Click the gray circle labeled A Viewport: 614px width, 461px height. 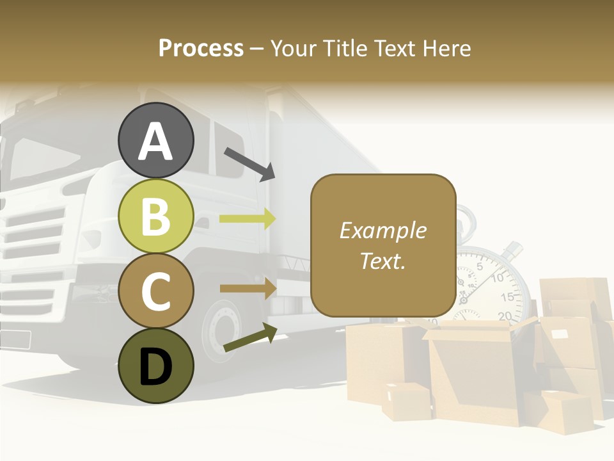pyautogui.click(x=156, y=140)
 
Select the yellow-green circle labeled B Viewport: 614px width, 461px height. pyautogui.click(x=156, y=216)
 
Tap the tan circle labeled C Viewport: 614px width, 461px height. pyautogui.click(x=156, y=291)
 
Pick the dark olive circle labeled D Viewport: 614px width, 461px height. pyautogui.click(x=156, y=366)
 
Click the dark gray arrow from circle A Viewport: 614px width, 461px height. pyautogui.click(x=249, y=164)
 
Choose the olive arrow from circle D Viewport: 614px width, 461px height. pyautogui.click(x=250, y=339)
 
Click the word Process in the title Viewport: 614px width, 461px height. pyautogui.click(x=201, y=48)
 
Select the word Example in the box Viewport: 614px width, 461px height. pyautogui.click(x=382, y=230)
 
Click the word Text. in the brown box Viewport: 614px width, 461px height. pyautogui.click(x=382, y=261)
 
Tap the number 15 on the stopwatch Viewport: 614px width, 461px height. pyautogui.click(x=507, y=297)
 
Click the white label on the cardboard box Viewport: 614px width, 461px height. pyautogui.click(x=559, y=334)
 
